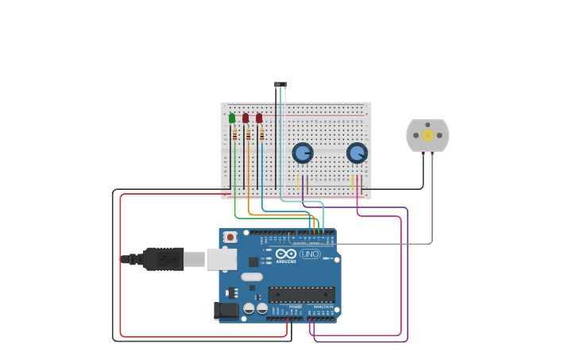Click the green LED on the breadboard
point(232,118)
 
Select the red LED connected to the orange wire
point(245,118)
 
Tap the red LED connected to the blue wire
point(259,118)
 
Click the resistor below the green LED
point(235,135)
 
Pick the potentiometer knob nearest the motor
point(357,153)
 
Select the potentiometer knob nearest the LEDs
point(303,153)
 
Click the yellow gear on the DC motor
point(427,135)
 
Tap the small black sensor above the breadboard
point(280,84)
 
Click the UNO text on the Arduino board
point(310,254)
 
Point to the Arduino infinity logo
point(286,254)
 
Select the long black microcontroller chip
point(301,294)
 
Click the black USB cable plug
point(163,259)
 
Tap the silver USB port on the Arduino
point(222,259)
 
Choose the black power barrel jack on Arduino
point(226,310)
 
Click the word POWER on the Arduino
point(295,307)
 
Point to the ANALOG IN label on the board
point(323,307)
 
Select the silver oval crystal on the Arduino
point(252,277)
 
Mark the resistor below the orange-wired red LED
point(249,135)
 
